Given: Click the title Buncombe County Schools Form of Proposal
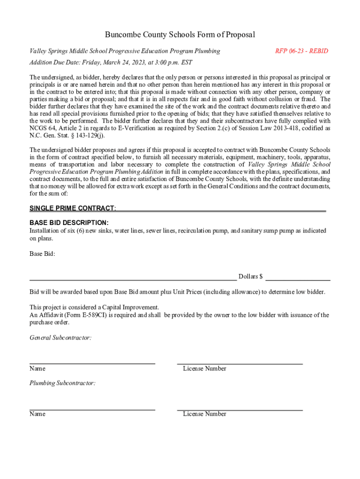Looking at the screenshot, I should (180, 35).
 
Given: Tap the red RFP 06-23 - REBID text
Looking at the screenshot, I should (302, 51).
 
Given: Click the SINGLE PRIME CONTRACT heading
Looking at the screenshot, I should (72, 208).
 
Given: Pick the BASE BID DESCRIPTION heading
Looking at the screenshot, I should (69, 223).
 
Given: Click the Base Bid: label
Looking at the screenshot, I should (43, 254).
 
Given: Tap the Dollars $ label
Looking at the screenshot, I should (251, 276).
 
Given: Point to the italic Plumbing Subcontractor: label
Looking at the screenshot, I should (63, 383).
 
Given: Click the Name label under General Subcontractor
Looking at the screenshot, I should (37, 369).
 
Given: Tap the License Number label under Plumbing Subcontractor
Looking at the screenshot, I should (205, 414).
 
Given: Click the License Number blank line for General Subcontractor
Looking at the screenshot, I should (240, 363).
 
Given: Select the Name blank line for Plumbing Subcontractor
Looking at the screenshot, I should (92, 409).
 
